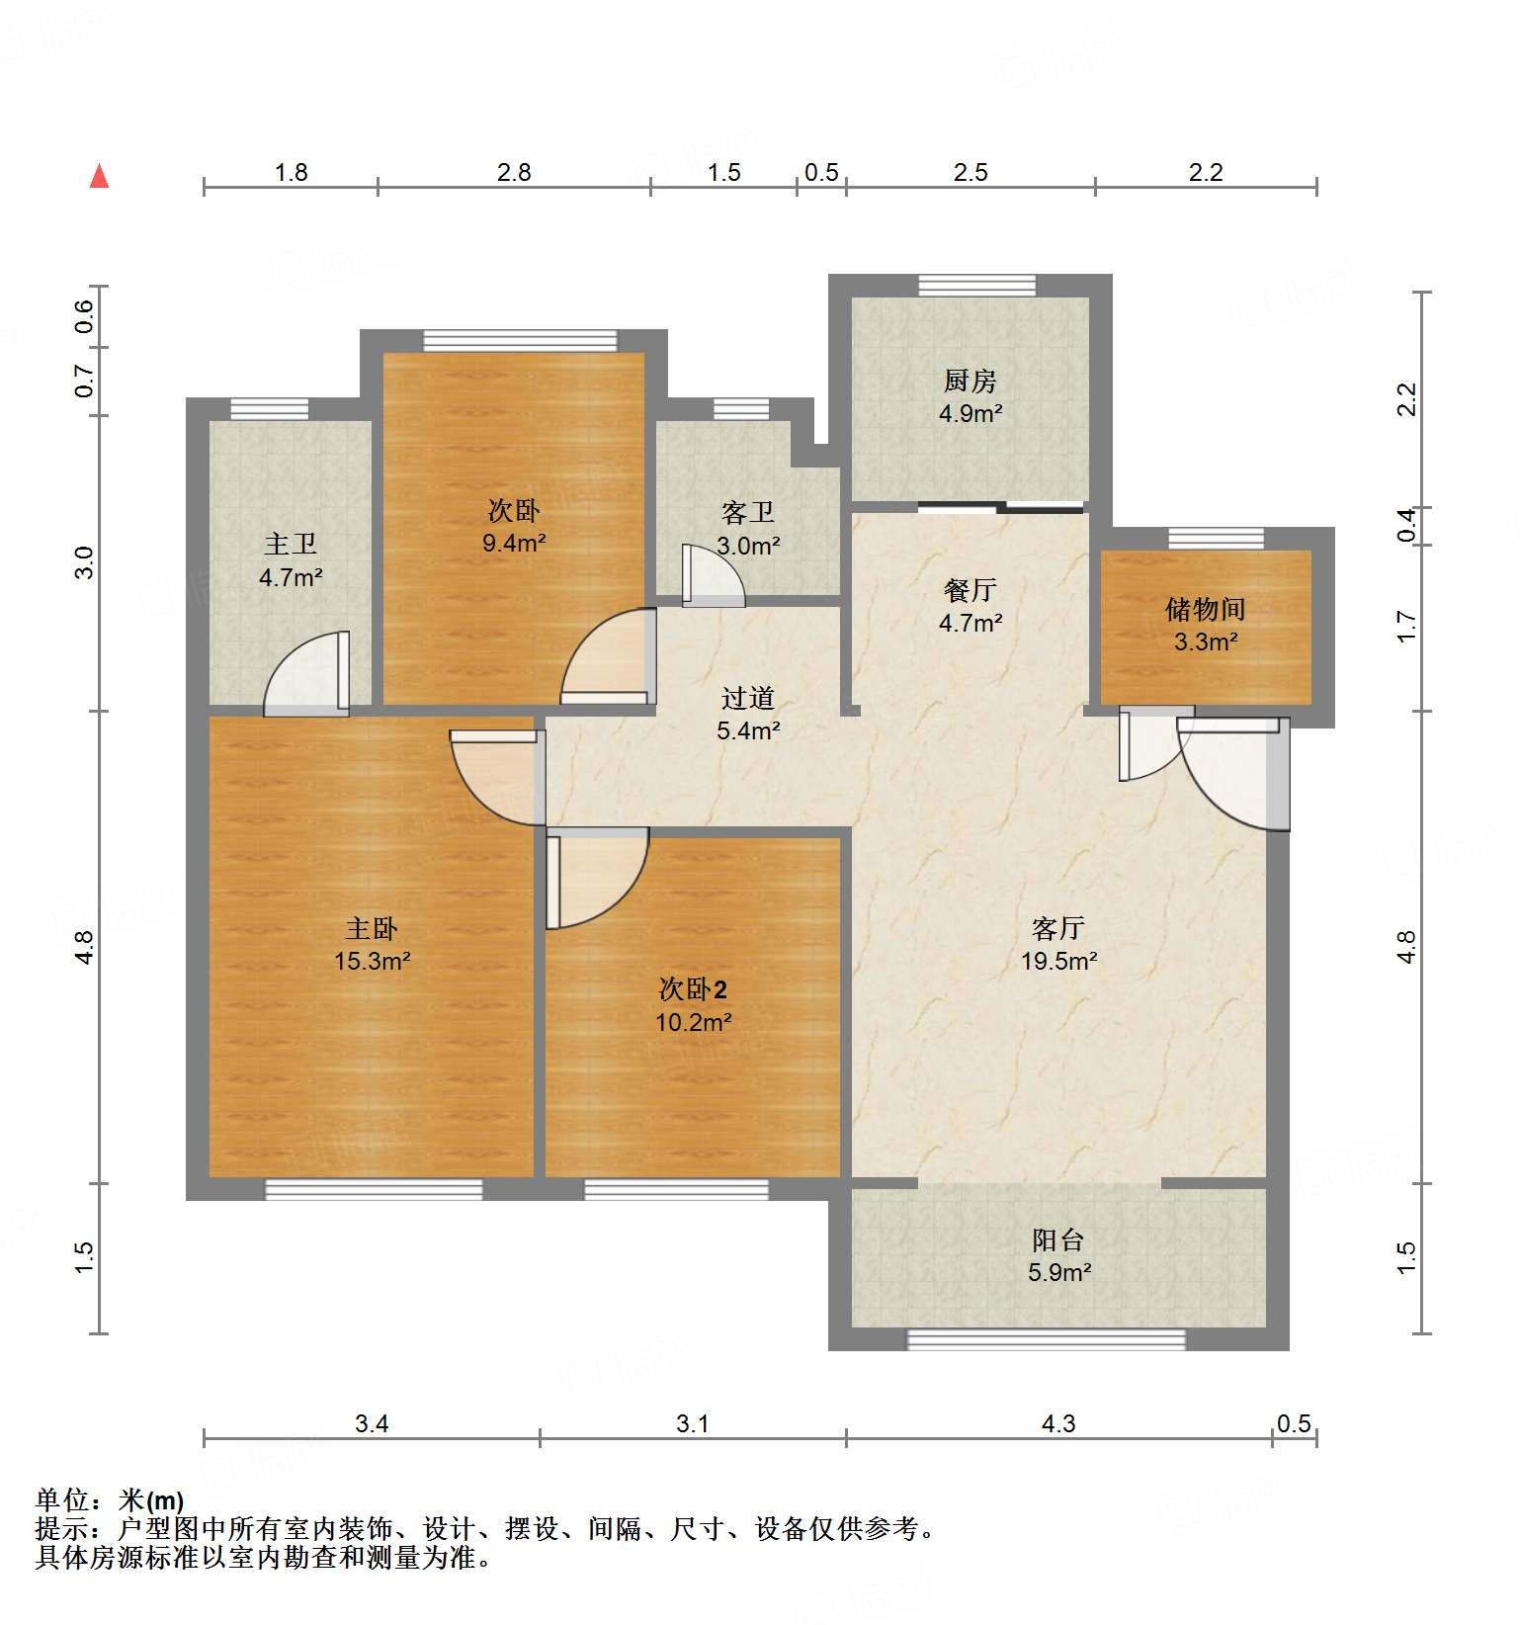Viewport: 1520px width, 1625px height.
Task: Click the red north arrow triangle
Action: pos(99,176)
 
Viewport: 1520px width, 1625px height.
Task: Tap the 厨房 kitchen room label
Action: pos(970,381)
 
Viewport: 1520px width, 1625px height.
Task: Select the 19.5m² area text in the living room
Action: pos(1058,961)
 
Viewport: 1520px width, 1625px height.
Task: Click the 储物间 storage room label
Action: pos(1205,609)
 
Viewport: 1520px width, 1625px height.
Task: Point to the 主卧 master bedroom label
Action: pos(372,928)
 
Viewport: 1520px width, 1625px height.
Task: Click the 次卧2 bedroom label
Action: pos(693,989)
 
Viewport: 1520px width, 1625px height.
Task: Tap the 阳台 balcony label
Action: pos(1058,1240)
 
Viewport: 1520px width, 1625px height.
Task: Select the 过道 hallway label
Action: pos(747,698)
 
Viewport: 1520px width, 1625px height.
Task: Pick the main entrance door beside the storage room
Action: pos(1235,771)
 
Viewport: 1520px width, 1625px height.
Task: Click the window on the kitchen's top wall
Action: pos(976,286)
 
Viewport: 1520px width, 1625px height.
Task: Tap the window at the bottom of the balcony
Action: pos(1046,1339)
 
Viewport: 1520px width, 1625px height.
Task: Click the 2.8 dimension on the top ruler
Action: pos(514,173)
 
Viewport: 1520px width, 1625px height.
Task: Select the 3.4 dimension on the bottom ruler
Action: pos(372,1423)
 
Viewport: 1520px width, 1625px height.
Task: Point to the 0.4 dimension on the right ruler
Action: pos(1406,526)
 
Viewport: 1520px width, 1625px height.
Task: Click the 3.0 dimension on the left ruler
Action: pos(84,562)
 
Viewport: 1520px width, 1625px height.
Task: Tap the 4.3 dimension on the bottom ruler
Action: pos(1058,1423)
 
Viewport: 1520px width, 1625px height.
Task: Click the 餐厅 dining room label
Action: pos(970,590)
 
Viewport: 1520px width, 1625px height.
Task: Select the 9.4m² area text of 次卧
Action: pos(514,543)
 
